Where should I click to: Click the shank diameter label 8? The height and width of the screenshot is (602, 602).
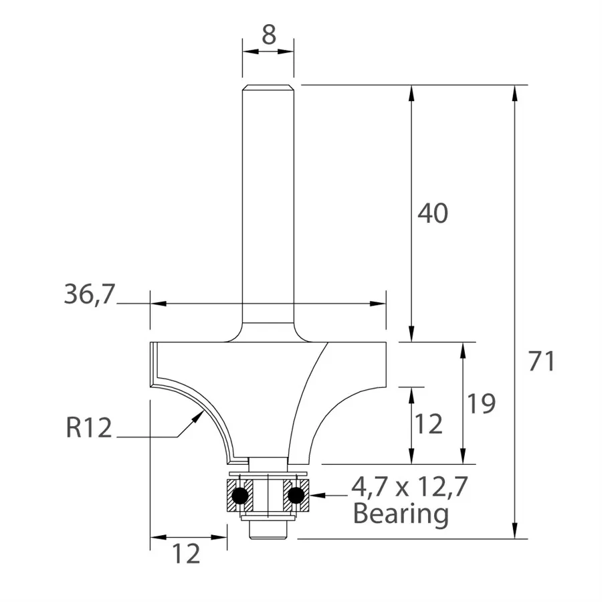coord(268,35)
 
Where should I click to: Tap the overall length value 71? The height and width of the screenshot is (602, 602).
coord(542,362)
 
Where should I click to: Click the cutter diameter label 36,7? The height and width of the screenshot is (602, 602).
coord(88,294)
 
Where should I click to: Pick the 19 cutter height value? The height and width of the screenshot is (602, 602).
coord(482,403)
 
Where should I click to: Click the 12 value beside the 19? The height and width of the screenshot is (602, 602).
coord(429,424)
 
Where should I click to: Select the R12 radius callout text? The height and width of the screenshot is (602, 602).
coord(88,428)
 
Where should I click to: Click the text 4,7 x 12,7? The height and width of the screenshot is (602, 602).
coord(409,488)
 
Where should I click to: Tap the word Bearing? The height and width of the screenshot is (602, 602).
coord(400,514)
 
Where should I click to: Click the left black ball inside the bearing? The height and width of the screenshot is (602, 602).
coord(239,496)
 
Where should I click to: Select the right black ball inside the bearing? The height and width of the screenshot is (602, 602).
coord(296,496)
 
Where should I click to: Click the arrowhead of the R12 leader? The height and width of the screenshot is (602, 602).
coord(199,417)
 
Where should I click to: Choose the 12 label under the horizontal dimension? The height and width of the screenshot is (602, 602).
coord(187,554)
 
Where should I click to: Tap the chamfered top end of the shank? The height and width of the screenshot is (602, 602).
coord(268,87)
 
